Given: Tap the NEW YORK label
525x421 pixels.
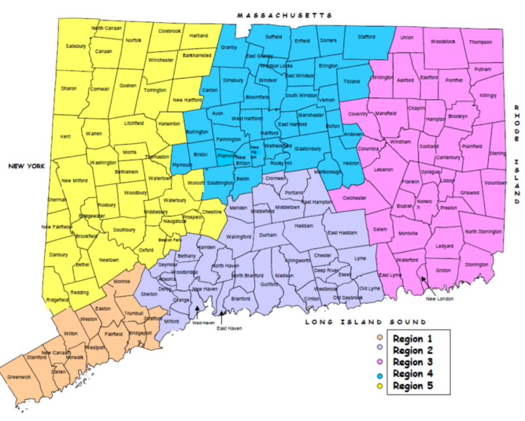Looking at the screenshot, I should coord(26,167).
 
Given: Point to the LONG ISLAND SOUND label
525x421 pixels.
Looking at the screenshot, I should coord(366,322).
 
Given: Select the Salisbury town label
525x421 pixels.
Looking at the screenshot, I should coord(77,46).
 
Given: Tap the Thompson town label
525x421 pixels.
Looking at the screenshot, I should coord(480,42).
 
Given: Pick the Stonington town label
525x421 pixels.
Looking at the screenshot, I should coord(477,264).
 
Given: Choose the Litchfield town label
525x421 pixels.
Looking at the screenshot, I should coord(134,122).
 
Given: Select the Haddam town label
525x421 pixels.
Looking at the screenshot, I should coord(304,226).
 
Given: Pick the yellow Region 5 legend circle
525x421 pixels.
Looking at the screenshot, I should coord(379,386).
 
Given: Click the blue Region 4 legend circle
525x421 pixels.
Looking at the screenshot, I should coord(379,374).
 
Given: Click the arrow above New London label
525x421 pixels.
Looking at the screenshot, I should coord(425,282).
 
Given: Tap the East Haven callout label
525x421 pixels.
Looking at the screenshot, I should coord(230,327).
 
